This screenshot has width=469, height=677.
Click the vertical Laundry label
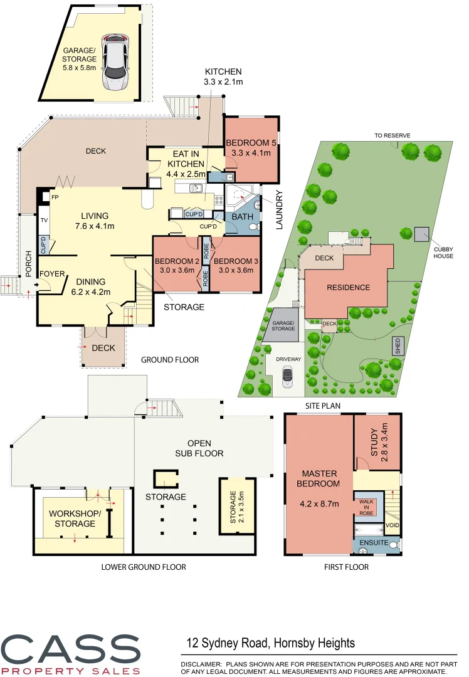[280, 211]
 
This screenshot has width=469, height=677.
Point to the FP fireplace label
[55, 198]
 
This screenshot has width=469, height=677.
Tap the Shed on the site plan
[396, 346]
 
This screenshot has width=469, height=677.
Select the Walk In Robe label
[366, 506]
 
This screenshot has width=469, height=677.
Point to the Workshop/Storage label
[75, 518]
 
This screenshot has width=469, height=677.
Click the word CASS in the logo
[70, 651]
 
